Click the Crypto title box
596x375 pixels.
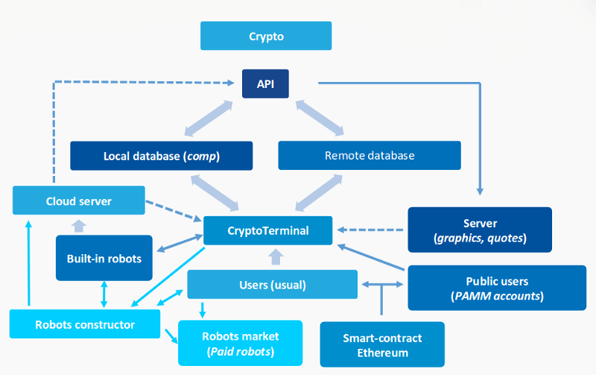point(266,36)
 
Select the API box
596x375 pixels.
point(266,83)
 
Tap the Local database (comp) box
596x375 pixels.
point(162,156)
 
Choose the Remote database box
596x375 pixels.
point(370,156)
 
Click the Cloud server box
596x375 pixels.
point(79,201)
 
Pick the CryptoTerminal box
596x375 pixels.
point(268,230)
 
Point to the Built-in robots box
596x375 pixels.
point(104,259)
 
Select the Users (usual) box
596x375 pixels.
point(272,285)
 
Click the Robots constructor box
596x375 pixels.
point(85,324)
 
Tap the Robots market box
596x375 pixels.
point(239,343)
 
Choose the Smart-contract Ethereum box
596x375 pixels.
point(381,344)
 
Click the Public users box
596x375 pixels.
point(497,289)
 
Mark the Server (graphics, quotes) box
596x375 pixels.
point(480,230)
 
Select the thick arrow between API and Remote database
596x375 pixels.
point(321,119)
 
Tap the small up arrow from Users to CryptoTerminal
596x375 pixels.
point(276,257)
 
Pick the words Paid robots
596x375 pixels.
point(239,352)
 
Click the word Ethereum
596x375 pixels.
point(381,353)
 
